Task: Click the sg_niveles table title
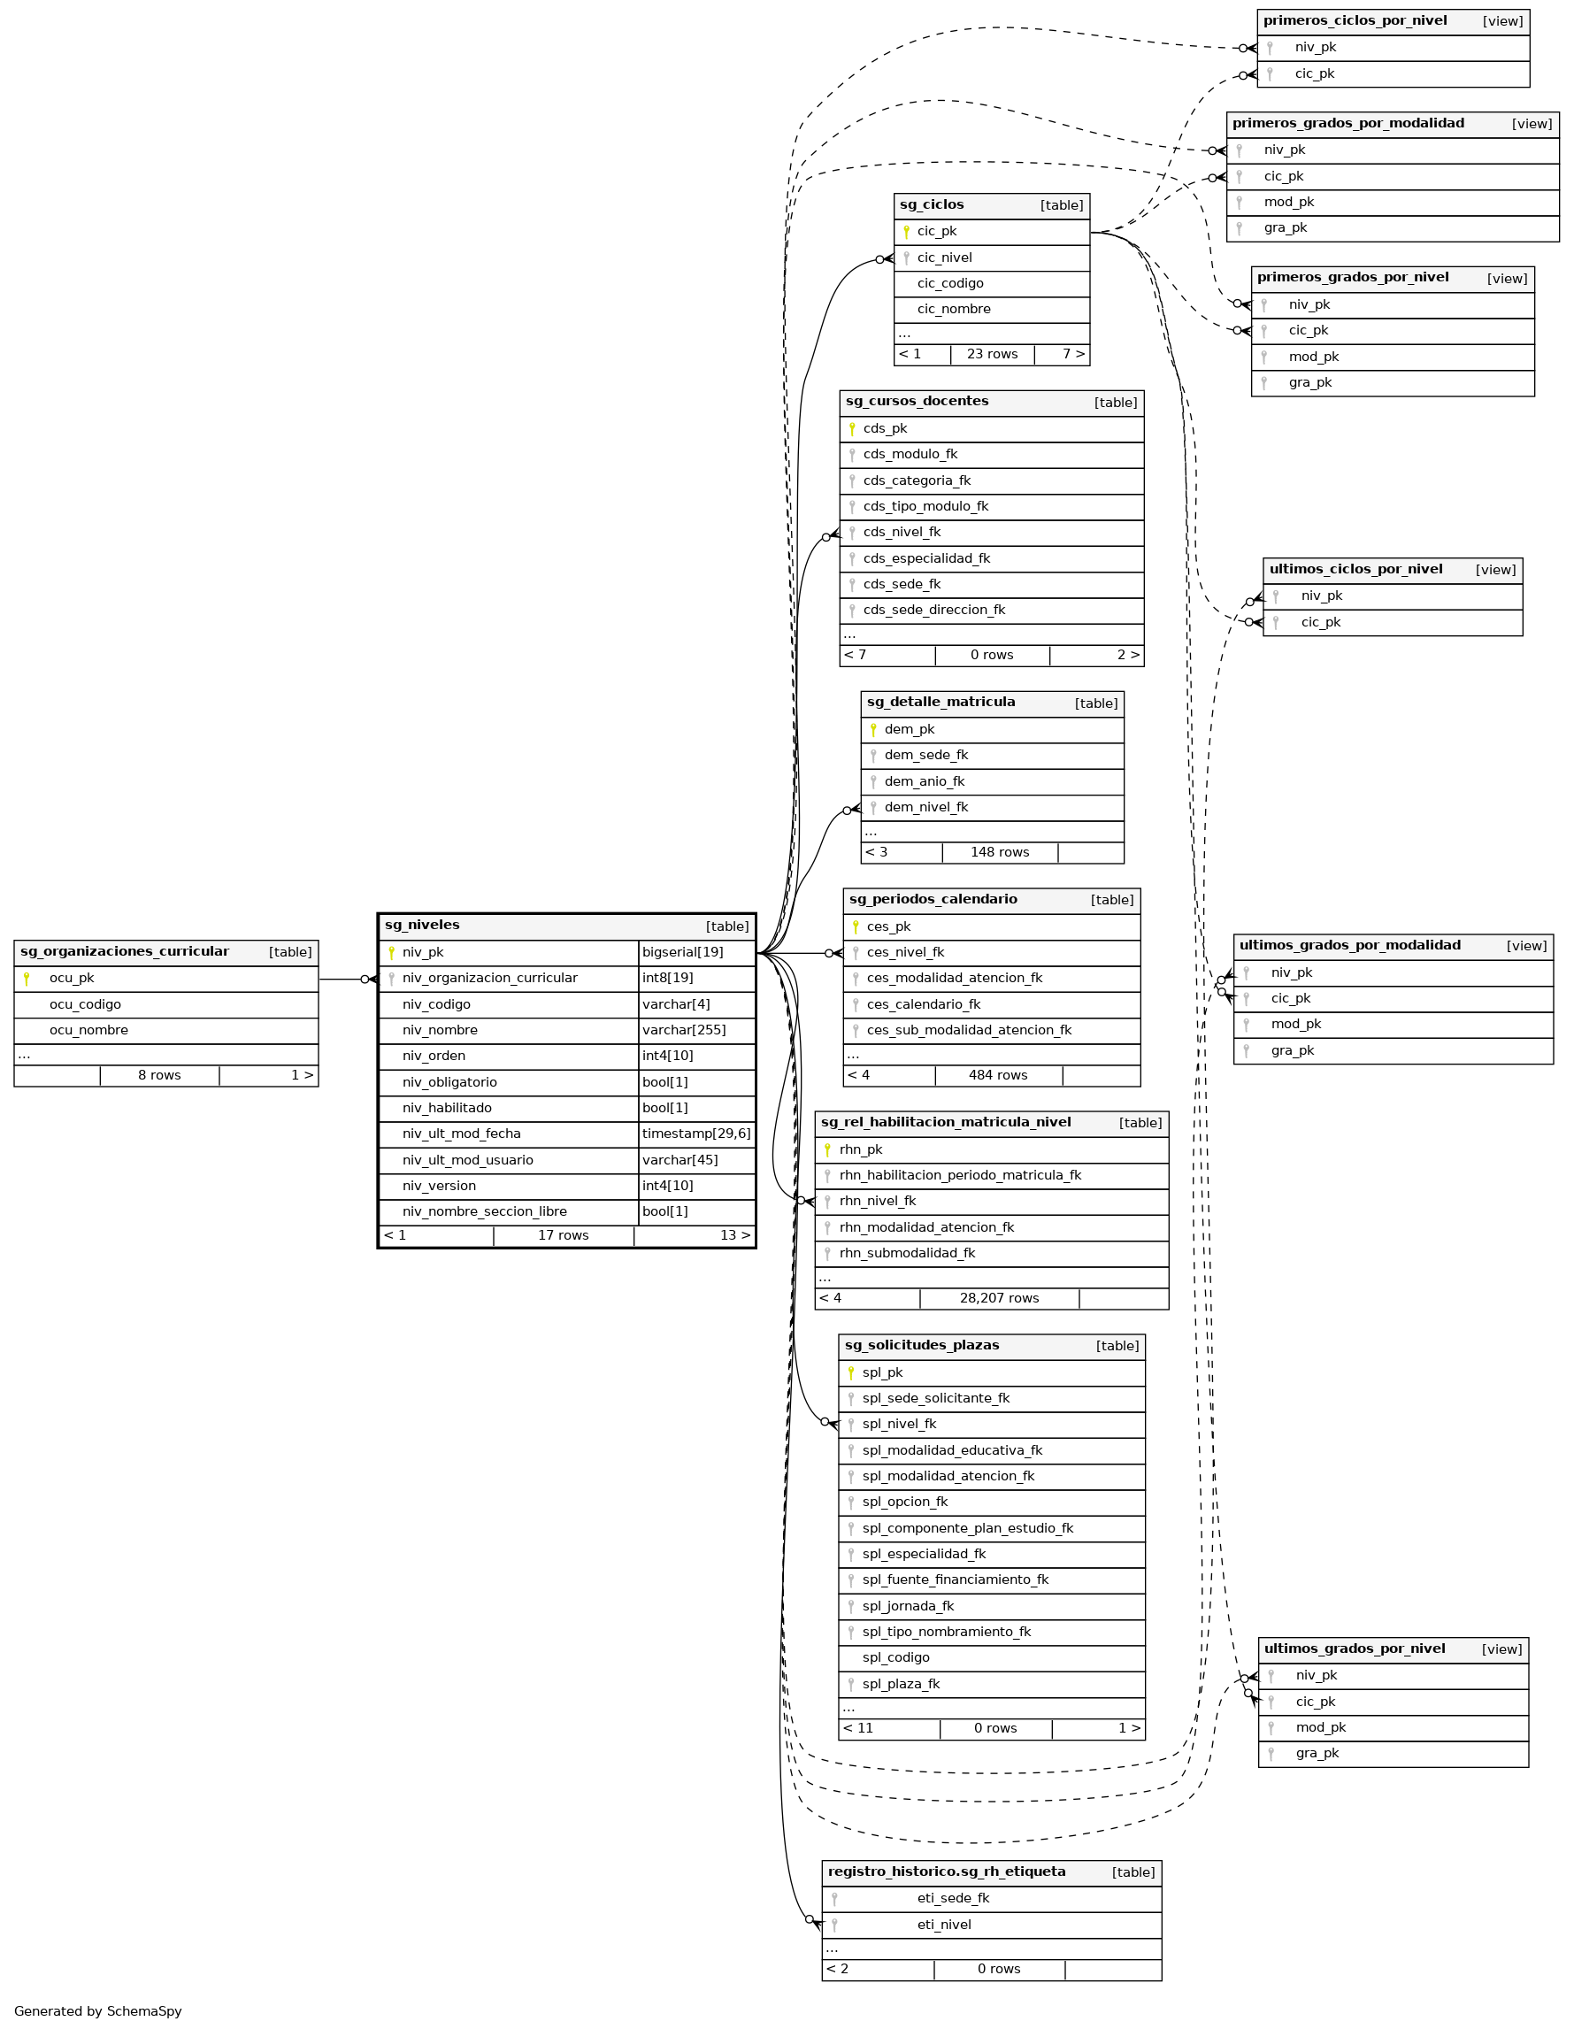click(x=422, y=926)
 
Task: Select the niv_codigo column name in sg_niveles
click(x=436, y=1004)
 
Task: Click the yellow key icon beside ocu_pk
click(x=26, y=979)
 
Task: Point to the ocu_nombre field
click(x=88, y=1030)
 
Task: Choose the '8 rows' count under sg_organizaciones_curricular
click(x=159, y=1076)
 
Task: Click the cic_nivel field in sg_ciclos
click(x=944, y=258)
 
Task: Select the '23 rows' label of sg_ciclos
click(x=992, y=355)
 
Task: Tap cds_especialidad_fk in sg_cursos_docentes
click(x=926, y=559)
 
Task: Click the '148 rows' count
click(x=999, y=853)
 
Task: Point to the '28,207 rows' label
click(x=999, y=1299)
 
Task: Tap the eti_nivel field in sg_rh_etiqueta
click(x=943, y=1925)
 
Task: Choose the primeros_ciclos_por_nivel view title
click(x=1354, y=21)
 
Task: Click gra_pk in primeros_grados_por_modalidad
click(x=1285, y=228)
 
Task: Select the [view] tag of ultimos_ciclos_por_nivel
click(x=1495, y=571)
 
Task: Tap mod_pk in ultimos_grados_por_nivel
click(x=1320, y=1728)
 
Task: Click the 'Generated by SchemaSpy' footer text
click(x=97, y=2011)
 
